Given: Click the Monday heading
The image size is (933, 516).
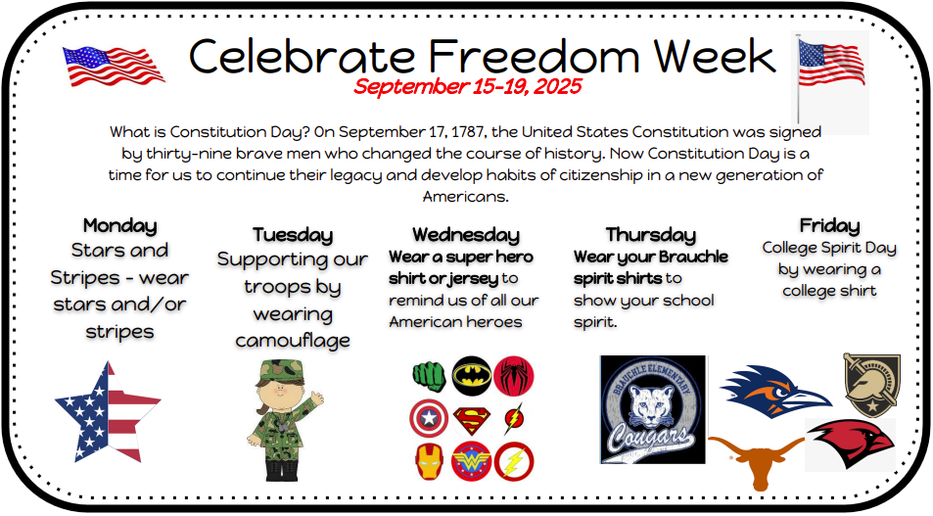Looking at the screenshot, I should [119, 225].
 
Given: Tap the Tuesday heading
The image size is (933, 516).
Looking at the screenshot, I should [292, 234].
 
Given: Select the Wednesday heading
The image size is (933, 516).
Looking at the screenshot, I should [465, 234].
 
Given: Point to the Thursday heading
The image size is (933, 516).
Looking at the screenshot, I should [650, 234].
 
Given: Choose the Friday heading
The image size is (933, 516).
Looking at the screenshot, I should [829, 225].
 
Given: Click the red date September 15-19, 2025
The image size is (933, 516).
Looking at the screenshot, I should [467, 86].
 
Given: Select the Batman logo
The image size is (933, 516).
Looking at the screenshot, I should [470, 375].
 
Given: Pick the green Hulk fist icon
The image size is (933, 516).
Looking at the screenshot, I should [428, 375].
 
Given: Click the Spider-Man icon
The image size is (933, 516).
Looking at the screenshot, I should [512, 375].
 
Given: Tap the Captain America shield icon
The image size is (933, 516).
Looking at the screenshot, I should [428, 419].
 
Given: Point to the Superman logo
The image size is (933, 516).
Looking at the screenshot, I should [470, 420].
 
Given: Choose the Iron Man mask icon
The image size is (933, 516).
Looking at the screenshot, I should [428, 460].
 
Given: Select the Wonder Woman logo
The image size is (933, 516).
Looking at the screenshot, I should [470, 460].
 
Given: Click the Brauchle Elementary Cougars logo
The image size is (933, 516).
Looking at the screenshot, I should [652, 409].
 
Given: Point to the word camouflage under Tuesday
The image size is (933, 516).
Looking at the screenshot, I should [292, 341].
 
